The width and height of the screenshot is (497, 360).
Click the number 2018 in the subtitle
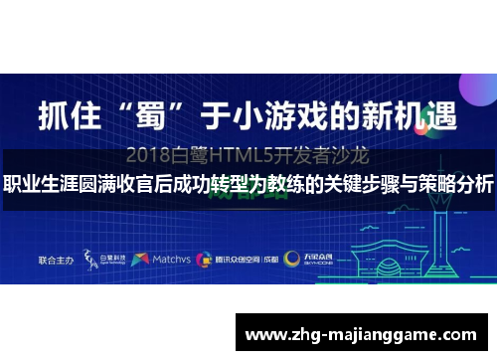(x=152, y=156)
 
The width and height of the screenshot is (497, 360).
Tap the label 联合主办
(x=56, y=231)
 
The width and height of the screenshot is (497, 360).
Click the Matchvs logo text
(x=176, y=231)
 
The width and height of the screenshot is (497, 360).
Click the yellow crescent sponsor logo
(x=292, y=231)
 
